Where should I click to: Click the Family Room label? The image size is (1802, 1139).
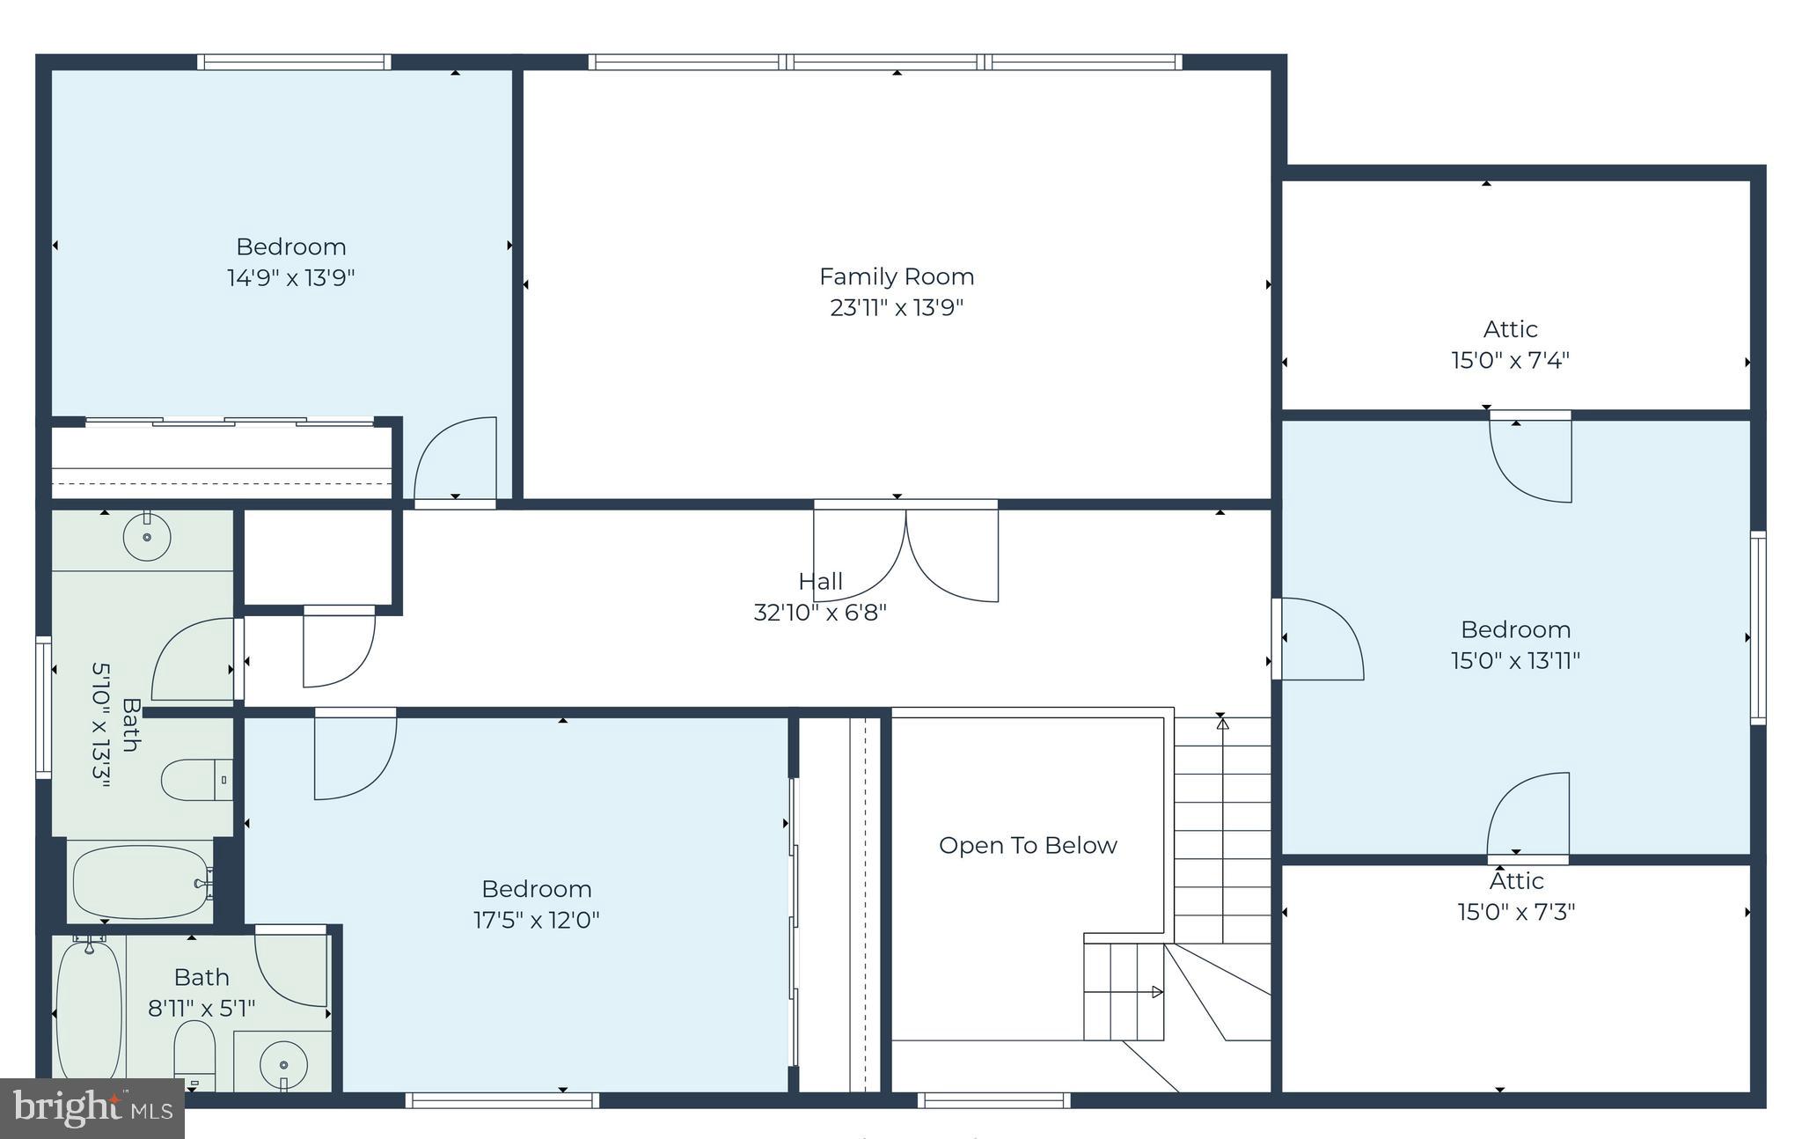click(896, 276)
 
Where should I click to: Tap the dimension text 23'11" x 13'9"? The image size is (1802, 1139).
click(896, 308)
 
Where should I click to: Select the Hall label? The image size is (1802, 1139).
click(820, 582)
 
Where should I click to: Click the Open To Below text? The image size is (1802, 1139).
click(1027, 846)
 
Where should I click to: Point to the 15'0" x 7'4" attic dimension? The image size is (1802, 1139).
click(1510, 361)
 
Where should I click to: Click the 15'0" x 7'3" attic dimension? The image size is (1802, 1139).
click(1515, 912)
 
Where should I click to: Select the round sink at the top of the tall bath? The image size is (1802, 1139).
click(146, 536)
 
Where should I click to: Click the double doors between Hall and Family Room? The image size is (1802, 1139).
click(905, 553)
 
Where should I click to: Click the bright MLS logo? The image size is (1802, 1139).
click(92, 1108)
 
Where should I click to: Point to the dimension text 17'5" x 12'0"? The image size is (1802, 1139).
click(536, 921)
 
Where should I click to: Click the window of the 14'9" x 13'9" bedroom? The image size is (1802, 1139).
click(293, 62)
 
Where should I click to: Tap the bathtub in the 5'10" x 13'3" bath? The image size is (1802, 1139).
click(141, 881)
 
